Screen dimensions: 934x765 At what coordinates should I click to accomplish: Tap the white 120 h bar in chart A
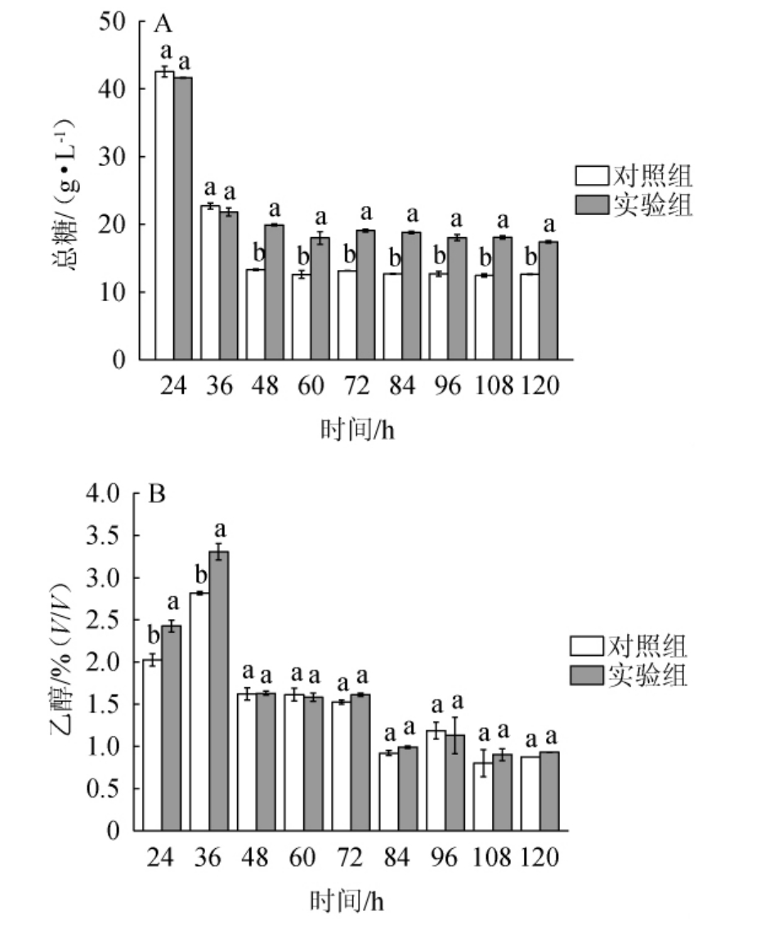click(530, 317)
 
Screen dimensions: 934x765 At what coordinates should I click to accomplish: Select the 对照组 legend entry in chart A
click(634, 176)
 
